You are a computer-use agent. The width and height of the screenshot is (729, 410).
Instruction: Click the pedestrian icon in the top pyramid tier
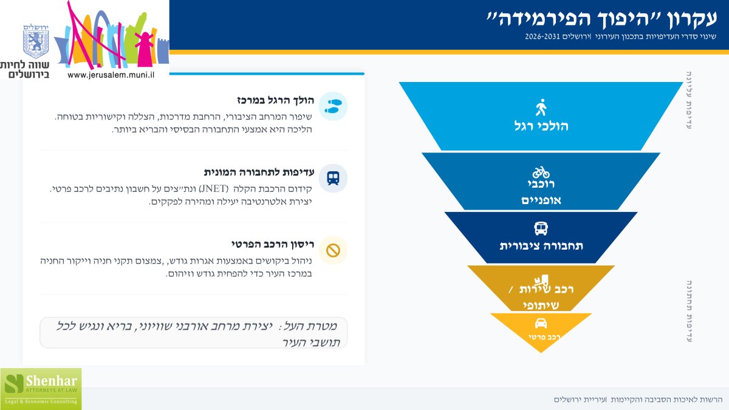pos(541,108)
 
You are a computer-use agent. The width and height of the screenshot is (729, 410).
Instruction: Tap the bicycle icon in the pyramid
pos(541,173)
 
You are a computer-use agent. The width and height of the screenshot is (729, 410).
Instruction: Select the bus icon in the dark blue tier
pos(541,228)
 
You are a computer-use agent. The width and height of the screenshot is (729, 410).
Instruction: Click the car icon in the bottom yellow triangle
pos(541,323)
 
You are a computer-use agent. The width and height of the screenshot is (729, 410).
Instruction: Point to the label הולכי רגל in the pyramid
pos(541,126)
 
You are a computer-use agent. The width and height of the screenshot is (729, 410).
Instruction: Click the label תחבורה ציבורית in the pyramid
pos(541,246)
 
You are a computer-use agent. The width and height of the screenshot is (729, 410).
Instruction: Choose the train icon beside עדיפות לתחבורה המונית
pos(333,178)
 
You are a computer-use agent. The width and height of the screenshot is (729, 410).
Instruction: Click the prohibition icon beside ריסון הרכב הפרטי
pos(333,250)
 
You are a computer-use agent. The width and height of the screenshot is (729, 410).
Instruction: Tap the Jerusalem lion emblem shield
pos(36,43)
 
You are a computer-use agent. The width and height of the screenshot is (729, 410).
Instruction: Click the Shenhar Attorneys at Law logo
pos(41,388)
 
